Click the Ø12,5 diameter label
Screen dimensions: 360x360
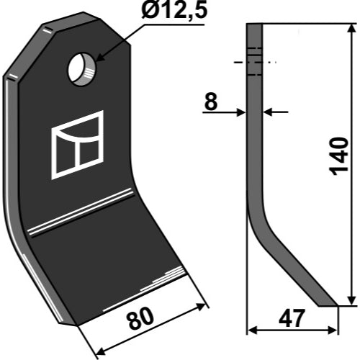point(174,10)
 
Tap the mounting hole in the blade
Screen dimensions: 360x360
point(82,69)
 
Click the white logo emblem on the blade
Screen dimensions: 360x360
point(77,145)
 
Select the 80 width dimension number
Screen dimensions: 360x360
point(140,318)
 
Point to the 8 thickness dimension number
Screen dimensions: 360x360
point(211,102)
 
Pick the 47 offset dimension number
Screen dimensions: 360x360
point(292,318)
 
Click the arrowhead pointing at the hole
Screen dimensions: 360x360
point(101,58)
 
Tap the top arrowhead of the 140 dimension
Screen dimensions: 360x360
point(351,29)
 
